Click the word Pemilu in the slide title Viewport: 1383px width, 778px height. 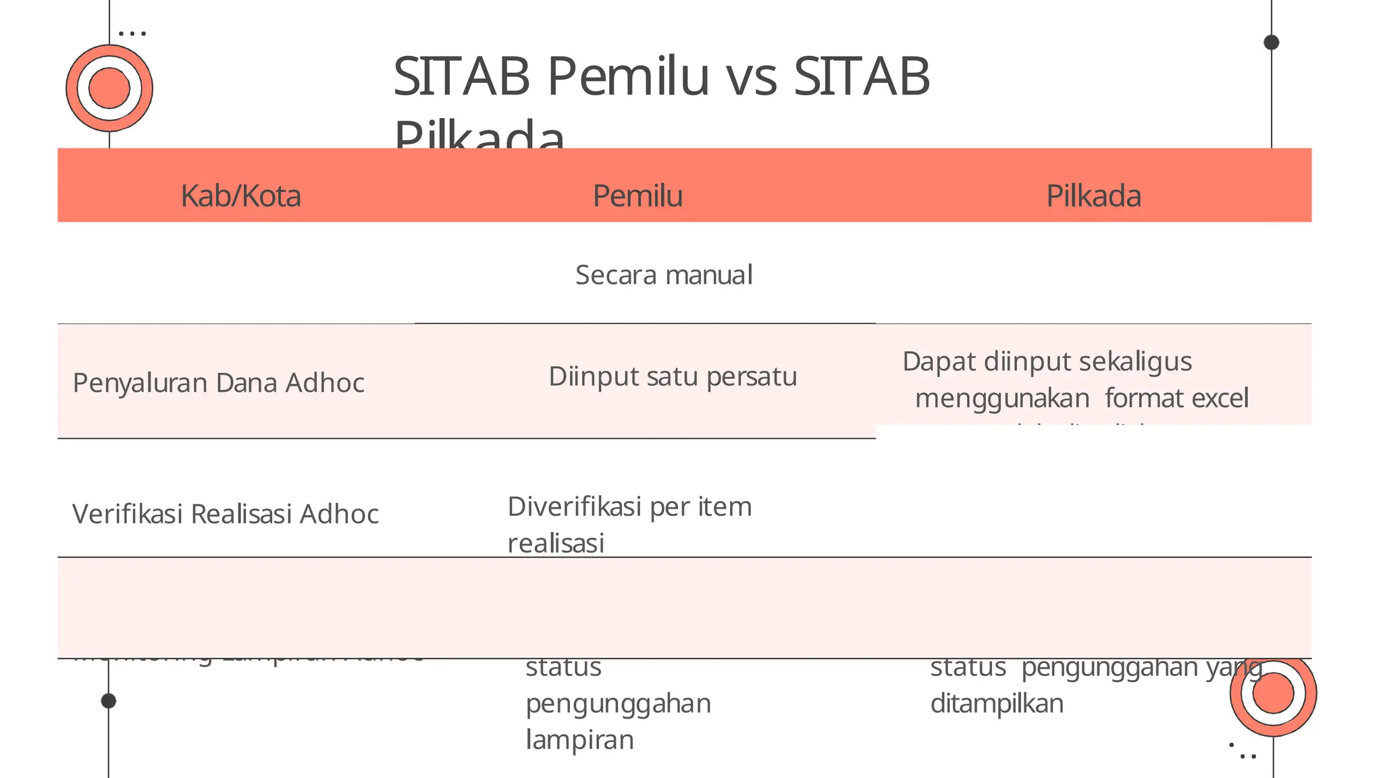point(628,76)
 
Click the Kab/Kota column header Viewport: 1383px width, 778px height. point(240,196)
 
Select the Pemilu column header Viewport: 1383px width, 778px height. point(637,196)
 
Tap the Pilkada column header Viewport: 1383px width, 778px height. point(1093,196)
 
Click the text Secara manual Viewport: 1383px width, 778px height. point(664,275)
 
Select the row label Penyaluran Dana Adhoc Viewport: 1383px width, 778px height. point(218,383)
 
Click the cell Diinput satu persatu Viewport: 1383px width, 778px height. point(673,376)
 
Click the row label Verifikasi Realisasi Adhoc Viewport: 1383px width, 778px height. point(225,514)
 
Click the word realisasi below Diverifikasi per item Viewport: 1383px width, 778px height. point(556,543)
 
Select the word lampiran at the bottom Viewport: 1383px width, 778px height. point(579,740)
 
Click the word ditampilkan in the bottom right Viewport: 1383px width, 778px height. point(997,704)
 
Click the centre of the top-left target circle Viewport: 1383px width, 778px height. point(109,88)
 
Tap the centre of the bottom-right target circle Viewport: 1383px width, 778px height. point(1273,693)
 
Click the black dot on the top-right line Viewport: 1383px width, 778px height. point(1272,43)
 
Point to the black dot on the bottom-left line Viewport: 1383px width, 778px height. point(109,701)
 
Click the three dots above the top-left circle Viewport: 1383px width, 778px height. point(132,32)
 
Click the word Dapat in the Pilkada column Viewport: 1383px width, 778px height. point(939,361)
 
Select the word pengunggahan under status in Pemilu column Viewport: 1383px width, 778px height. point(618,704)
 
